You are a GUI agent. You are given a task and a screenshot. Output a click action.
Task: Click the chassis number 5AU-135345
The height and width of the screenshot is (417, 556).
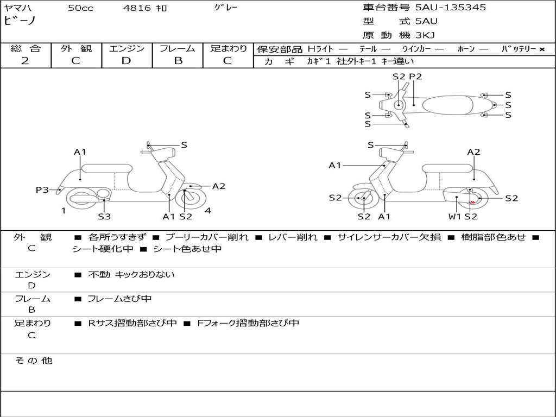[x=451, y=8]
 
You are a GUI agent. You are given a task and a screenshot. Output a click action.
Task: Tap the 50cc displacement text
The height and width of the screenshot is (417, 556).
[x=80, y=8]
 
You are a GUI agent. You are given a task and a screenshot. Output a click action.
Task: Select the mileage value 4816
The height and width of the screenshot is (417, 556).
[x=137, y=8]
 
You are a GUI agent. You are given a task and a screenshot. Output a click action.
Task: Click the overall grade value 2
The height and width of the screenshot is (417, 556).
[x=25, y=61]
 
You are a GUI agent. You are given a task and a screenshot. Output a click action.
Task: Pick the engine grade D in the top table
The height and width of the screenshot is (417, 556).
[x=126, y=61]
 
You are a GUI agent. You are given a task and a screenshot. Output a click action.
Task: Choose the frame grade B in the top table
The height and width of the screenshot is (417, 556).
[x=178, y=61]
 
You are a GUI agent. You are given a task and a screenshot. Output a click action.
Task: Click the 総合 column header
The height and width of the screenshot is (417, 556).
[x=26, y=48]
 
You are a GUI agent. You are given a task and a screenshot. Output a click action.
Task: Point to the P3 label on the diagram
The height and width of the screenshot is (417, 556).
[x=42, y=190]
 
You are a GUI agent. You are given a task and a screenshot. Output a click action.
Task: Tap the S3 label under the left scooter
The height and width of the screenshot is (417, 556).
[x=104, y=217]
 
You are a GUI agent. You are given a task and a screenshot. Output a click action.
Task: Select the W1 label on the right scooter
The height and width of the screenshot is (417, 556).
[x=454, y=217]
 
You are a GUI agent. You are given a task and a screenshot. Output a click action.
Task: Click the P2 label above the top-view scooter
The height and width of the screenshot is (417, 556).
[x=415, y=77]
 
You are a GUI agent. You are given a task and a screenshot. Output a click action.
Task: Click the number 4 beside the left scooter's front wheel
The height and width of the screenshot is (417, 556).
[x=208, y=211]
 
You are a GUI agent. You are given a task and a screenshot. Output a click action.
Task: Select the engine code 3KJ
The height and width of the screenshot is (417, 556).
[x=426, y=35]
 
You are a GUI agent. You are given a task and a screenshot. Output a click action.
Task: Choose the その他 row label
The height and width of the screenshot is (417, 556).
[x=33, y=361]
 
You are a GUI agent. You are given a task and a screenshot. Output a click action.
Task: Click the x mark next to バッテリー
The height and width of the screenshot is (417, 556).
[x=541, y=49]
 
